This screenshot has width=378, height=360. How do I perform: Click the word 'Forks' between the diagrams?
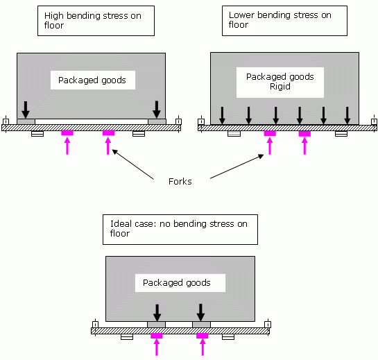[x=180, y=181]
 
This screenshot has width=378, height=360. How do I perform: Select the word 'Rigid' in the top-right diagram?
[x=280, y=86]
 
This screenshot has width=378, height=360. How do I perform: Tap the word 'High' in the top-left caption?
[x=54, y=16]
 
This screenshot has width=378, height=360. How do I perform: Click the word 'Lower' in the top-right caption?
[x=241, y=15]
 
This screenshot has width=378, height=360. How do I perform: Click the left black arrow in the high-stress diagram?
[x=26, y=110]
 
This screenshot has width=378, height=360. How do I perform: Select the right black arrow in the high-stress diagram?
[x=157, y=110]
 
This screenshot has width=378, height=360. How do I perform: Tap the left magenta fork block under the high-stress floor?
[x=67, y=132]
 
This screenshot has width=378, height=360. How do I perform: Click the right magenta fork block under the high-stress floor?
[x=108, y=132]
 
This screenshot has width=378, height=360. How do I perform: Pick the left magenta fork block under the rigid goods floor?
[x=270, y=133]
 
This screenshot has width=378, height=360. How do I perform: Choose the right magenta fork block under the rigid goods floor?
[x=304, y=133]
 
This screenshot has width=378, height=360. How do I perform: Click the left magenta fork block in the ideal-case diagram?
[x=157, y=336]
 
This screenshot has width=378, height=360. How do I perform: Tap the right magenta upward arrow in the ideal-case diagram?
[x=203, y=347]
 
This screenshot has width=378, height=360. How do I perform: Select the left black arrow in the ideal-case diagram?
[x=157, y=313]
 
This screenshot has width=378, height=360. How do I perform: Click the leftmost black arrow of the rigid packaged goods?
[x=222, y=116]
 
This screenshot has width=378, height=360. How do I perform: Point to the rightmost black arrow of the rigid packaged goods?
[x=347, y=116]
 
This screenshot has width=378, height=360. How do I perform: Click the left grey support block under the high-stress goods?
[x=26, y=121]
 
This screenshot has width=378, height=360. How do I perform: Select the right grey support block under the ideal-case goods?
[x=202, y=325]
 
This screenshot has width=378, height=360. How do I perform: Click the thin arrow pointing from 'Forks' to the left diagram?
[x=133, y=164]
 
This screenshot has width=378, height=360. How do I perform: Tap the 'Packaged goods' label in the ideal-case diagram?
[x=177, y=282]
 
